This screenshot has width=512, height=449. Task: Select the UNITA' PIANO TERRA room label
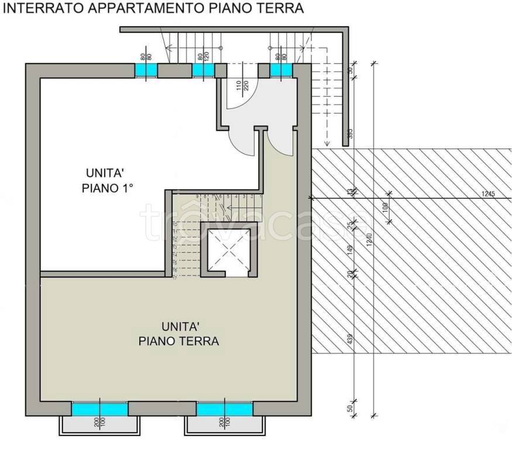178,333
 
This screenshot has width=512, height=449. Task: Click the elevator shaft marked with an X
225,248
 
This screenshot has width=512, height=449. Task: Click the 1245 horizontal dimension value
488,194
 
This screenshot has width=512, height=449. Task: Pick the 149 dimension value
351,251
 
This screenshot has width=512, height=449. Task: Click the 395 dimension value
351,133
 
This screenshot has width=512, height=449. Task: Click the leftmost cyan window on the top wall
146,70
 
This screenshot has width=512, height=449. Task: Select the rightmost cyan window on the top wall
281,70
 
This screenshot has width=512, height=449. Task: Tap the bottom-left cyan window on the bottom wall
99,409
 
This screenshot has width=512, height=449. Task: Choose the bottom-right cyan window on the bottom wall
225,409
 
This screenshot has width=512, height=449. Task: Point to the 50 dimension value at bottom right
351,408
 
